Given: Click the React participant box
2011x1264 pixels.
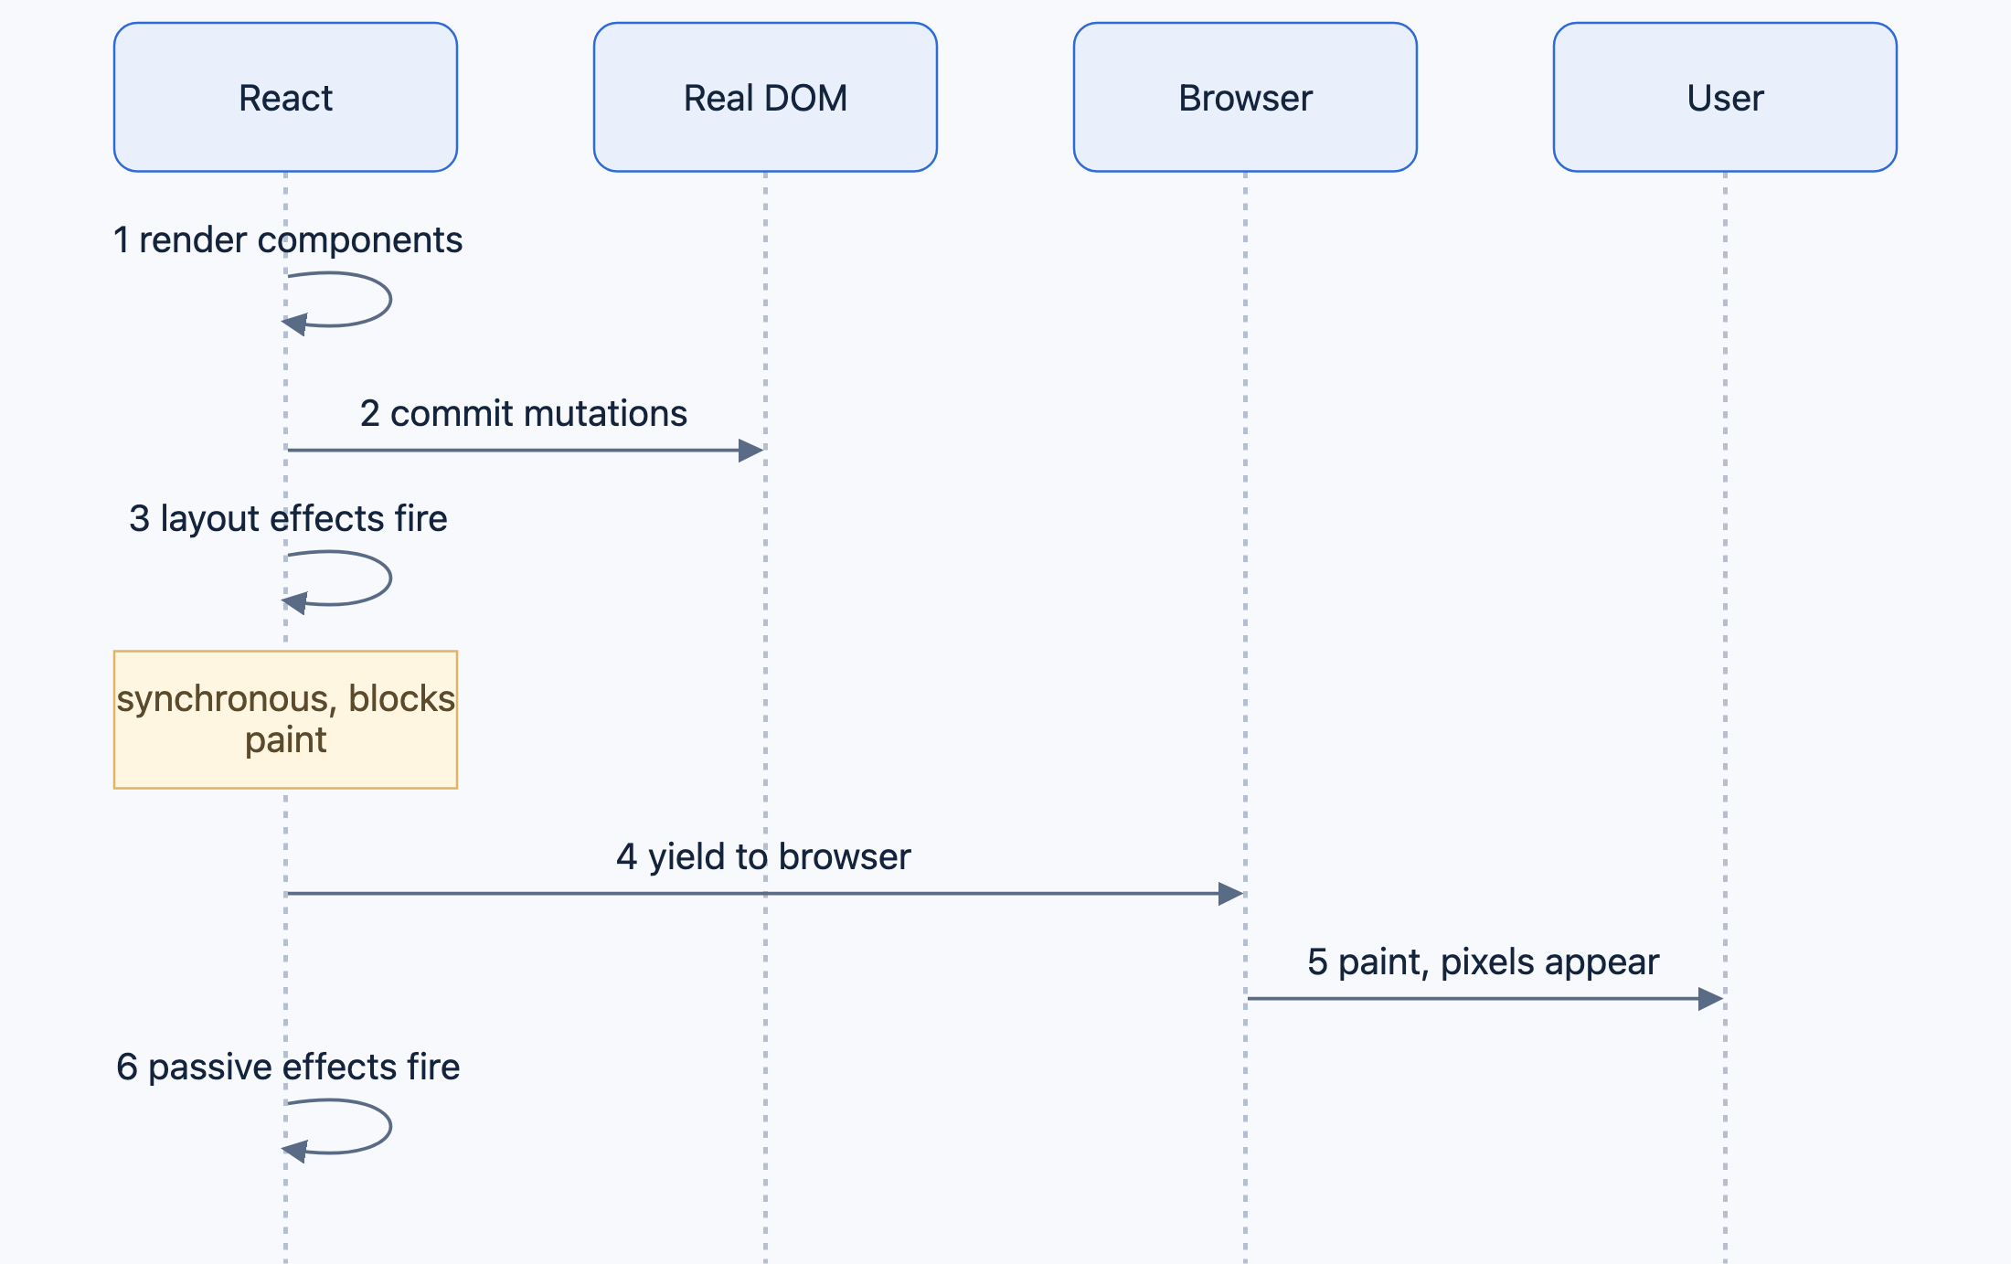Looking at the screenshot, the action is pos(285,97).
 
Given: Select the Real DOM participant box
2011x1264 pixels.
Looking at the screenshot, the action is pos(765,97).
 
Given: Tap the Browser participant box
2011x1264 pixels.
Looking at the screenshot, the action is pos(1245,97).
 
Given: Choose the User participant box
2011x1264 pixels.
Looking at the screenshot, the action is pos(1725,97).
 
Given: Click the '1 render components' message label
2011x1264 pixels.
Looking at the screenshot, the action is pos(288,240).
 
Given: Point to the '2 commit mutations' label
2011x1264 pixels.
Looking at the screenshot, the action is pos(524,414).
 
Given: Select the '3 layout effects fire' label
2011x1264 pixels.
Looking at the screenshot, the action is pos(288,519).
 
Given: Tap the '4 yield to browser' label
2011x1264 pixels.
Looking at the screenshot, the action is pos(763,857).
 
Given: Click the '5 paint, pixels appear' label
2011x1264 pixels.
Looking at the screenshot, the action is pos(1483,962).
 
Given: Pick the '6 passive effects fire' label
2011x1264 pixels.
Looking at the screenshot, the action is pos(288,1067).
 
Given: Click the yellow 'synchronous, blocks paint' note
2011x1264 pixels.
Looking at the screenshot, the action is pos(285,719).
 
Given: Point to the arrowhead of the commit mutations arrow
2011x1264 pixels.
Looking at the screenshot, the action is pos(750,450).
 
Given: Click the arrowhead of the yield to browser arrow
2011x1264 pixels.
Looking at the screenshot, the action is pos(1230,893).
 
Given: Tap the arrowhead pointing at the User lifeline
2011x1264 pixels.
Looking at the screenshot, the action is pos(1710,998).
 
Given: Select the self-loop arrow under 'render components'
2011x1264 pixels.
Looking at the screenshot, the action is pos(390,299).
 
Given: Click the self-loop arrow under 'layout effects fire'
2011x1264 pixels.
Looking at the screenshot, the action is pos(390,578).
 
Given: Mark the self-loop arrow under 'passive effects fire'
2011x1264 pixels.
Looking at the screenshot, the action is pos(390,1126).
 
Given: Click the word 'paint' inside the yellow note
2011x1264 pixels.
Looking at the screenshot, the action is pos(285,740).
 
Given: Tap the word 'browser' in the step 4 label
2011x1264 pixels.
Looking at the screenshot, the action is pos(845,857).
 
